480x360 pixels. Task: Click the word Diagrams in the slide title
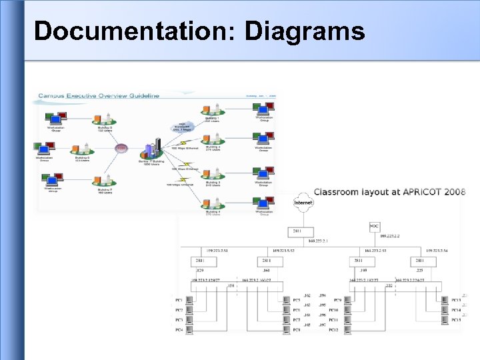(305, 31)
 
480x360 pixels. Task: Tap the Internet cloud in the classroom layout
(303, 203)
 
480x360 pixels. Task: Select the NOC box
(375, 227)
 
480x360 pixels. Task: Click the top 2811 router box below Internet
(297, 231)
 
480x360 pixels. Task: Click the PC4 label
(179, 329)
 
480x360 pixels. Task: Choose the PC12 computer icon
(347, 329)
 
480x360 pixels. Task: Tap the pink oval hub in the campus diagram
(121, 148)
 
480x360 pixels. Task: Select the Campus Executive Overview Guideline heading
(98, 95)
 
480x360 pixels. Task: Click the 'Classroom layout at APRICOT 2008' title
(389, 192)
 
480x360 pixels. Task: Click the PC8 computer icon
(287, 329)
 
